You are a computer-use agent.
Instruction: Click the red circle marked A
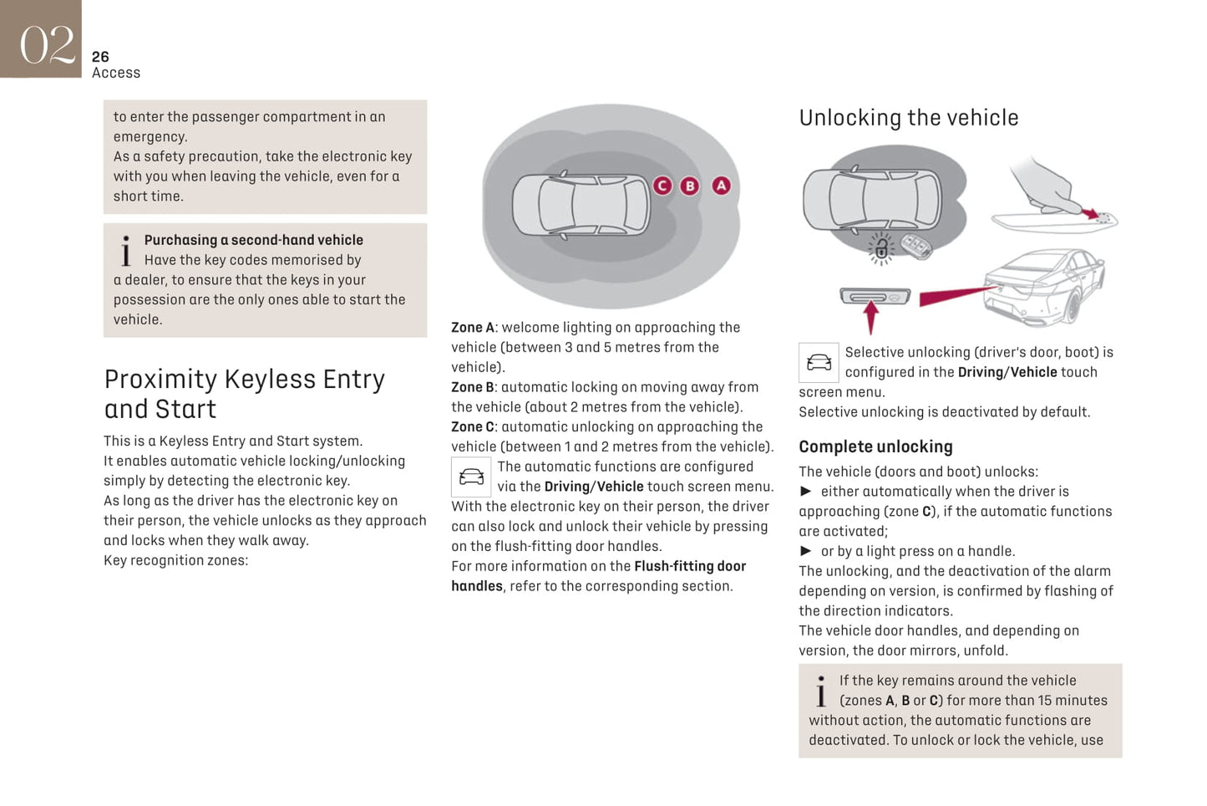(x=721, y=186)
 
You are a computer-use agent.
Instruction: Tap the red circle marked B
(x=689, y=186)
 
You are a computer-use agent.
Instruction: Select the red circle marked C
(x=662, y=186)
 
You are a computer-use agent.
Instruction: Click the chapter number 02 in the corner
(x=46, y=43)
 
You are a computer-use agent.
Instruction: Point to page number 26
(x=100, y=57)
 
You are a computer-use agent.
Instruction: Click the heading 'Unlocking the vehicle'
(x=908, y=118)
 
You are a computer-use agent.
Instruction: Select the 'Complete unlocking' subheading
(x=875, y=446)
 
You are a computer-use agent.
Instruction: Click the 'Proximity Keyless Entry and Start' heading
(x=244, y=394)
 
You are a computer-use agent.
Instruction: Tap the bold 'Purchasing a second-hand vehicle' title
(x=253, y=240)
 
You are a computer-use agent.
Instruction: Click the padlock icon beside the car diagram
(x=880, y=249)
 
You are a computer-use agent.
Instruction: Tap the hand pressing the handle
(x=1044, y=188)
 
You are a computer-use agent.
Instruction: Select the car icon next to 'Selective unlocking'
(x=819, y=363)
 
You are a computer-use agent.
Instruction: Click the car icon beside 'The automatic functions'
(x=471, y=477)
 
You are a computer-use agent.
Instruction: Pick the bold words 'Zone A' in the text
(x=473, y=328)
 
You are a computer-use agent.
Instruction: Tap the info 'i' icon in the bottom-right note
(x=821, y=692)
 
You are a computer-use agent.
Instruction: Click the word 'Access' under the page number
(x=116, y=74)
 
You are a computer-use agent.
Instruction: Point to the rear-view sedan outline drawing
(x=1044, y=287)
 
